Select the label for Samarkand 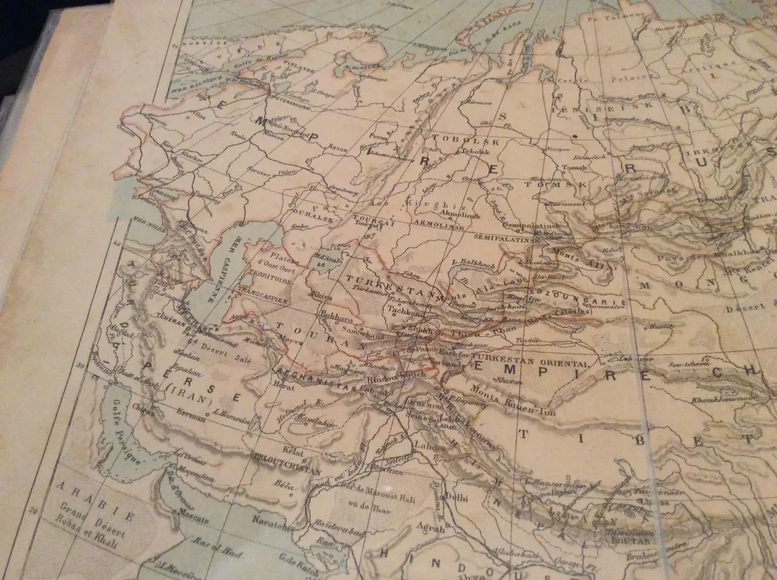point(361,330)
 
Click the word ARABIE point(96,502)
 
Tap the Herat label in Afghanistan point(284,387)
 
